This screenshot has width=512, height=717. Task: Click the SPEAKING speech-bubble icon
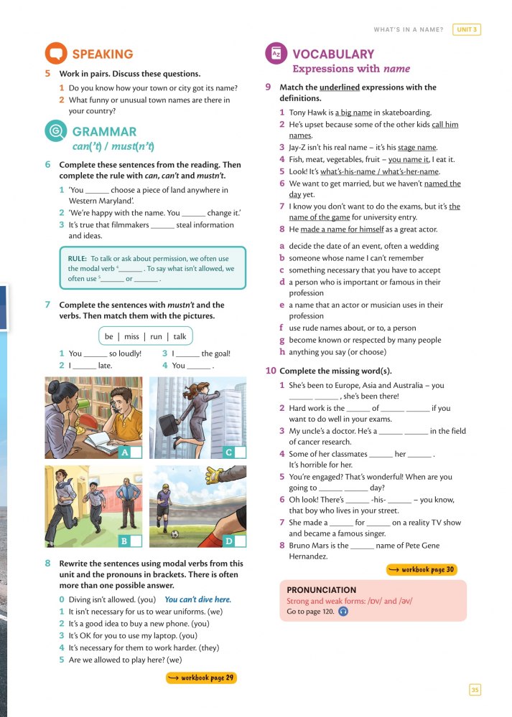(x=55, y=54)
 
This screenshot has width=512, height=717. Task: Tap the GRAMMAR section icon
(x=55, y=132)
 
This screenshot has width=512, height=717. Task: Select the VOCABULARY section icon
(x=276, y=54)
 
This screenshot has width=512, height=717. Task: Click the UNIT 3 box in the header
(x=467, y=29)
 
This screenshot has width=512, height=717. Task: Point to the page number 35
(x=475, y=690)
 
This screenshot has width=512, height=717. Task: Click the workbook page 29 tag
(x=201, y=678)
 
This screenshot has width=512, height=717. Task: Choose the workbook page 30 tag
(x=421, y=570)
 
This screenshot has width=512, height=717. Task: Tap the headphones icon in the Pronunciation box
(x=343, y=612)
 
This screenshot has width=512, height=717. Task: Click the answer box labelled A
(x=136, y=452)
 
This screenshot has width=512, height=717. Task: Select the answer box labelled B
(x=136, y=540)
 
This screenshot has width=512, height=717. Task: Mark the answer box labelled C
(x=240, y=452)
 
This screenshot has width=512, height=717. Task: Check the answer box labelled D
(x=240, y=540)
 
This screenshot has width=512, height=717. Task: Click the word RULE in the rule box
(x=78, y=258)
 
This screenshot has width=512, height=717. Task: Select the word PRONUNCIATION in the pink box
(x=321, y=589)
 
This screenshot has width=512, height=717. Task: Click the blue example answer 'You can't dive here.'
(x=197, y=599)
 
